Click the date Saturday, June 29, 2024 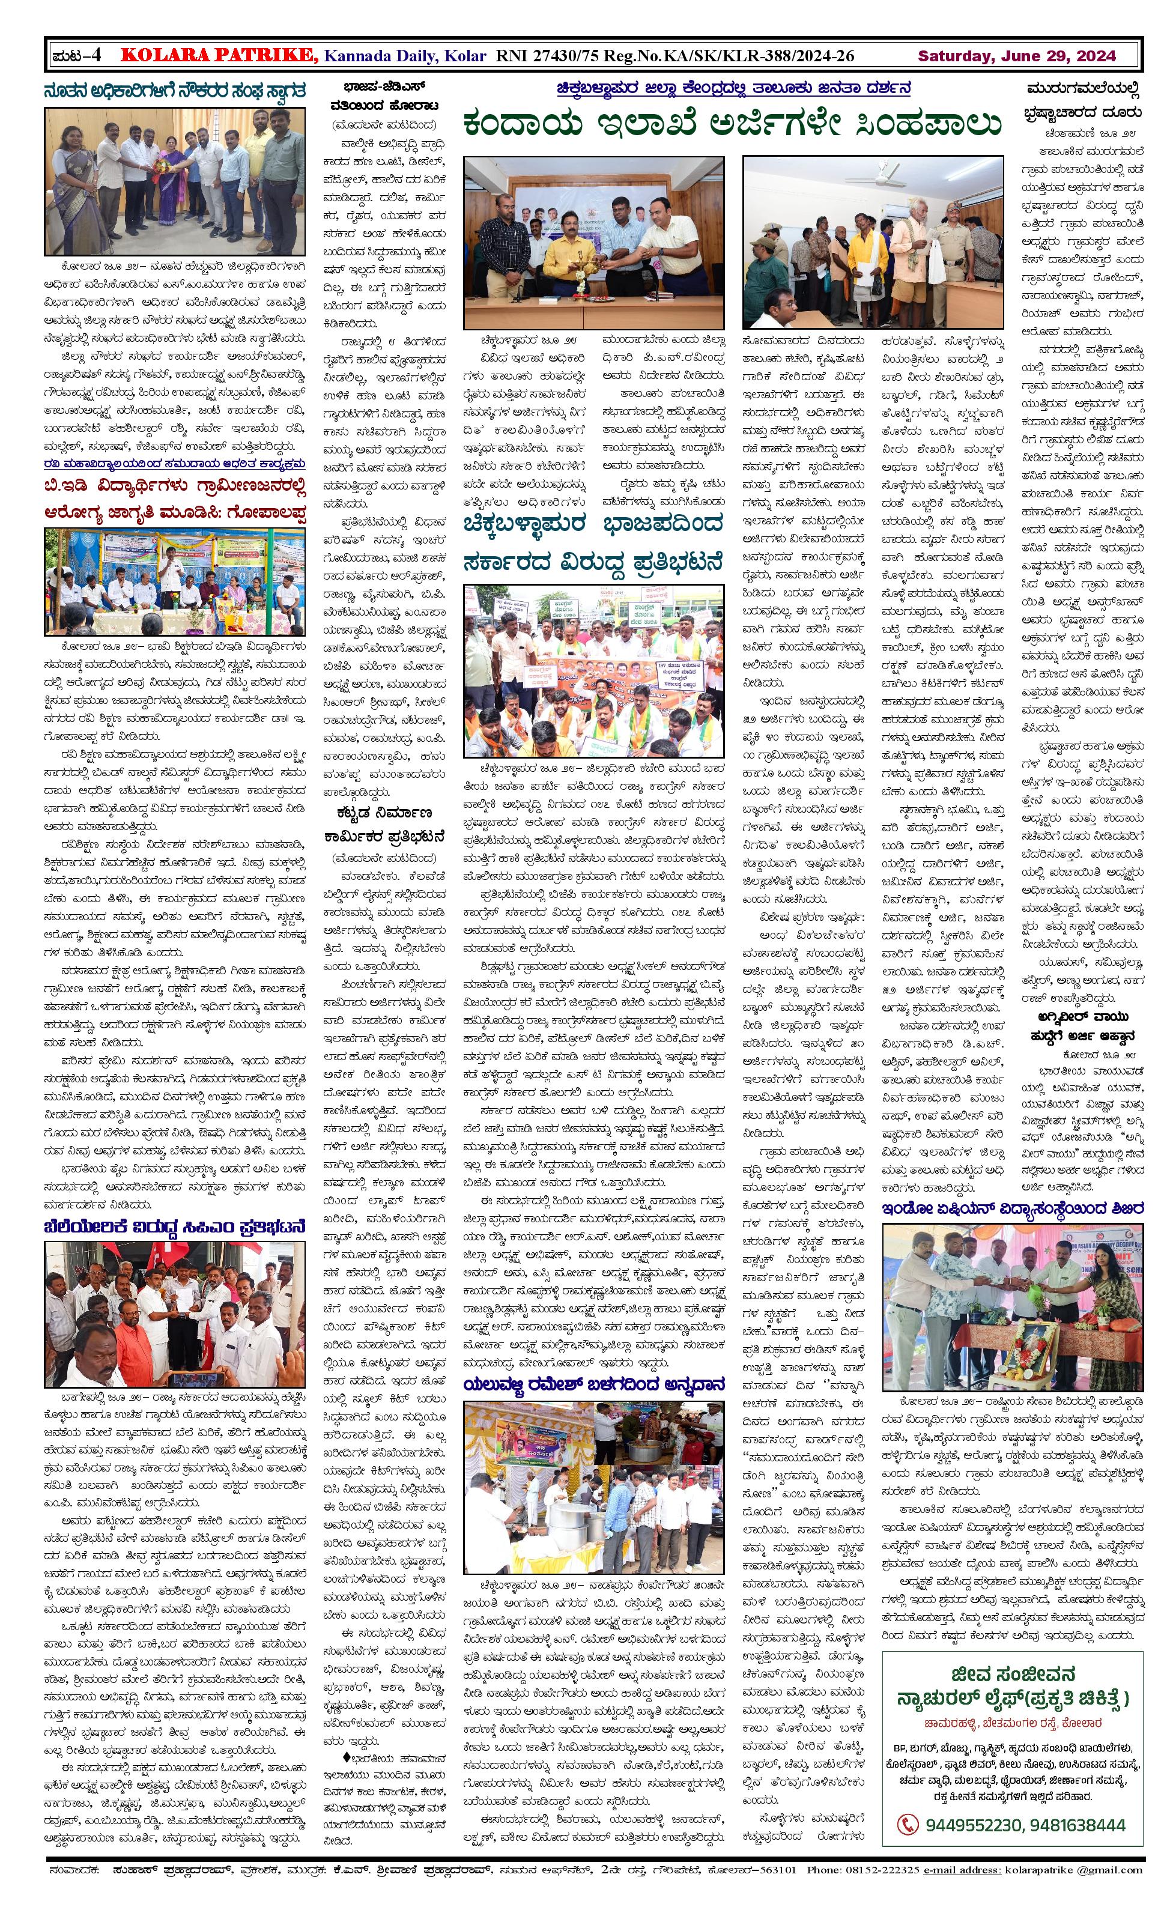[1016, 56]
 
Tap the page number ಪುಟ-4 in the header [76, 55]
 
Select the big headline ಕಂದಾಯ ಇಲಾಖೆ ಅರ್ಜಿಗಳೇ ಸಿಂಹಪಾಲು [731, 124]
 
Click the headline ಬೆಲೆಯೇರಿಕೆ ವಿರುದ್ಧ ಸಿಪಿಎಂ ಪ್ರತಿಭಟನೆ [174, 1227]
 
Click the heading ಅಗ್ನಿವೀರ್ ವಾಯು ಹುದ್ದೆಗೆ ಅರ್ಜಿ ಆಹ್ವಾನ [1085, 1025]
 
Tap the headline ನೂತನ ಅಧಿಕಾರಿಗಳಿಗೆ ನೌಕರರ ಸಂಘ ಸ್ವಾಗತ [174, 91]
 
